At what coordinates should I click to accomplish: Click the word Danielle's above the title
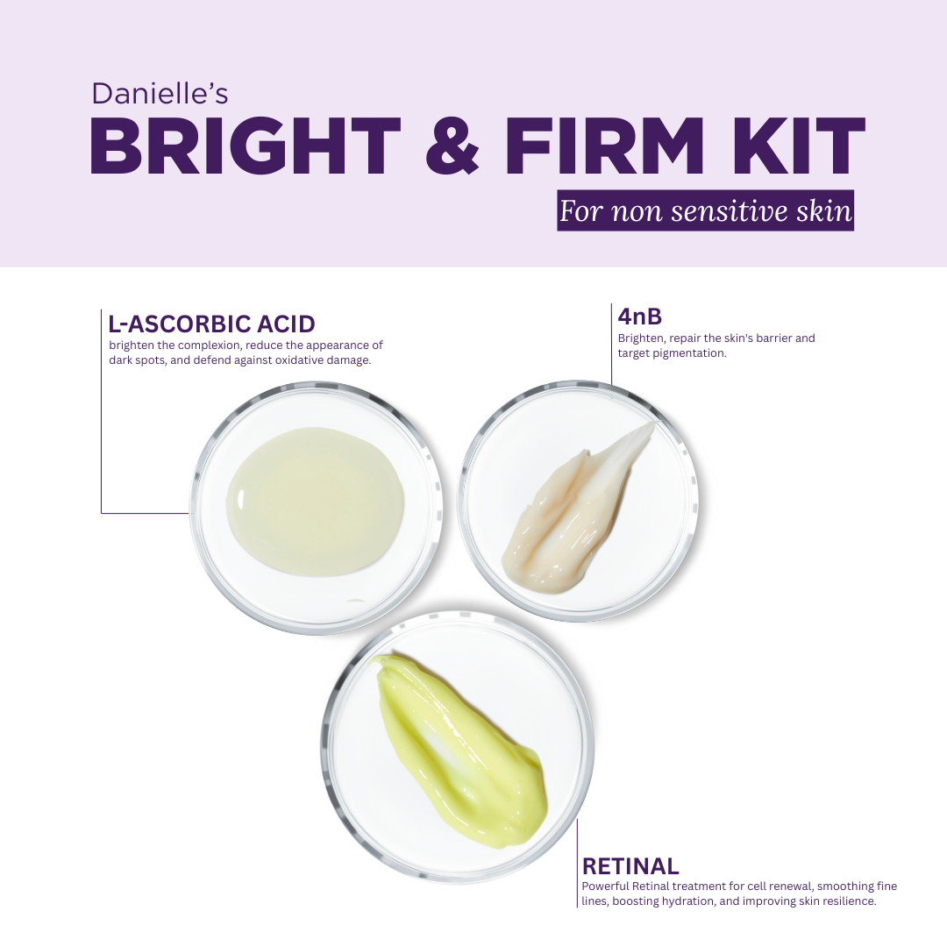coord(160,94)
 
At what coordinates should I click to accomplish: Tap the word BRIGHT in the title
coord(246,146)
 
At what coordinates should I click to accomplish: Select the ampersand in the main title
coord(452,146)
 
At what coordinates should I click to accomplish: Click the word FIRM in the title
coord(604,146)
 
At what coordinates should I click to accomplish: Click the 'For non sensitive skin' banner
coord(705,210)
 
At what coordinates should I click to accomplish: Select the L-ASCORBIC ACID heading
coord(211,324)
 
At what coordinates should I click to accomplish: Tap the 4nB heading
coord(639,317)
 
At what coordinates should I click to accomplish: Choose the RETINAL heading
coord(630,866)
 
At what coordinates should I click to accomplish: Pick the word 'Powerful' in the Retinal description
coord(605,886)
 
